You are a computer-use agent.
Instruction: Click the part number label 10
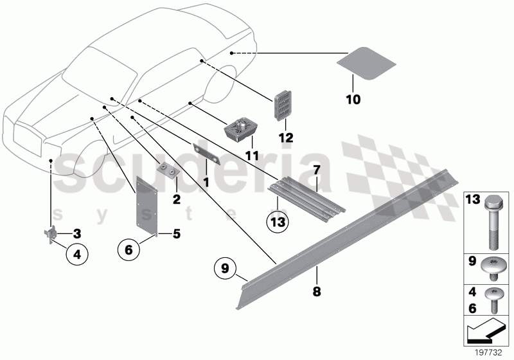pyautogui.click(x=353, y=100)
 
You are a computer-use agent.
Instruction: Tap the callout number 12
pyautogui.click(x=286, y=138)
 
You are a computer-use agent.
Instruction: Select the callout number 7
pyautogui.click(x=315, y=170)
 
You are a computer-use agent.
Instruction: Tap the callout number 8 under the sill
pyautogui.click(x=316, y=290)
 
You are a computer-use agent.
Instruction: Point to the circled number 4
pyautogui.click(x=76, y=253)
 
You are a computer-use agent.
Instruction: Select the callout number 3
pyautogui.click(x=76, y=233)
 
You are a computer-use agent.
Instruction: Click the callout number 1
pyautogui.click(x=206, y=183)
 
